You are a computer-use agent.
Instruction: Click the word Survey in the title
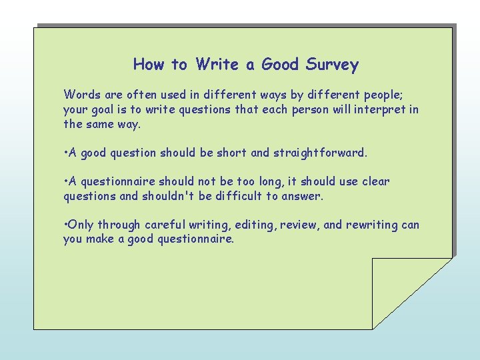pyautogui.click(x=332, y=65)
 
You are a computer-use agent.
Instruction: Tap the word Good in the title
pyautogui.click(x=280, y=65)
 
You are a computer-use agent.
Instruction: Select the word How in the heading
pyautogui.click(x=148, y=65)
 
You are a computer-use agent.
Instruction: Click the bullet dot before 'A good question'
pyautogui.click(x=65, y=153)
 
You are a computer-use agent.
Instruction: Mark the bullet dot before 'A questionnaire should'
pyautogui.click(x=65, y=181)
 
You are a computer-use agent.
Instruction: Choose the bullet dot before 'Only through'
pyautogui.click(x=65, y=225)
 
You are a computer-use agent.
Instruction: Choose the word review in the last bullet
pyautogui.click(x=299, y=225)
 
